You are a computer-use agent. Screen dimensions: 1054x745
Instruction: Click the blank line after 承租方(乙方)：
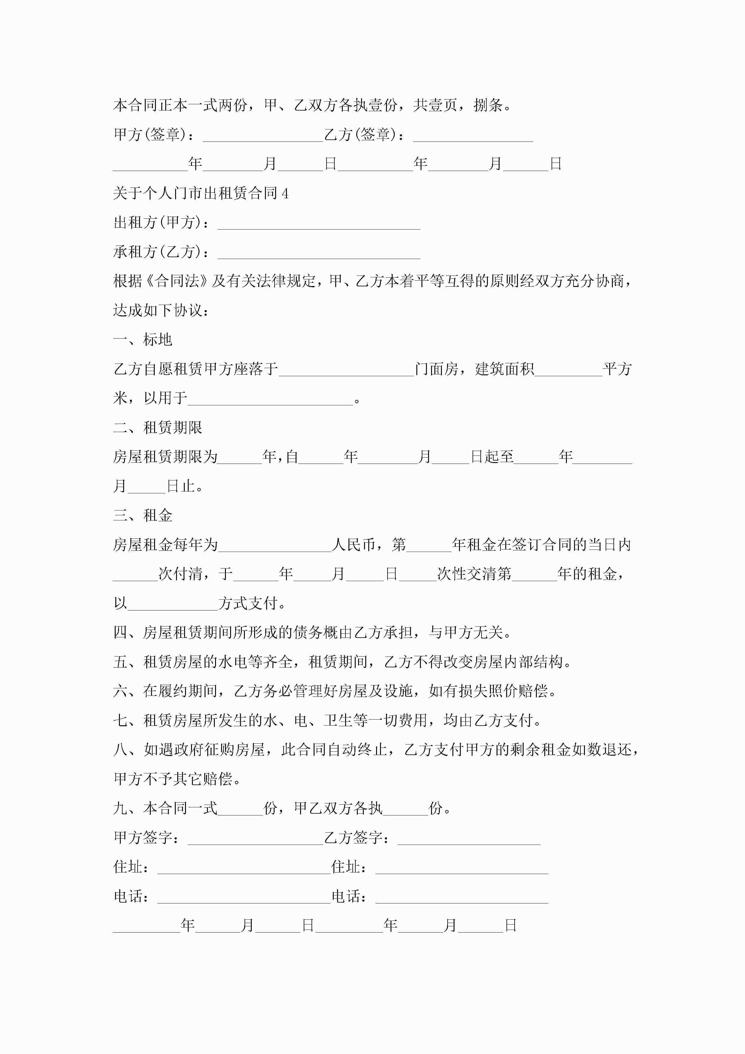point(319,253)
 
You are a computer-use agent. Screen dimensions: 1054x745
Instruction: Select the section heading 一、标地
point(143,340)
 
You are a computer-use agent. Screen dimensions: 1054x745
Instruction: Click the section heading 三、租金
point(143,516)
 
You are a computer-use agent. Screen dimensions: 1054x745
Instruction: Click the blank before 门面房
point(347,370)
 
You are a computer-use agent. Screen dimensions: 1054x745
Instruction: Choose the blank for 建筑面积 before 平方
point(568,370)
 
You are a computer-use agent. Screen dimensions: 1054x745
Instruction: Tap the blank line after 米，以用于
point(271,399)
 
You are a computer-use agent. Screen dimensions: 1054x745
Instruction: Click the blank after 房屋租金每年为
point(275,546)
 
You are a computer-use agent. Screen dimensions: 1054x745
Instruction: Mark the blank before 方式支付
point(173,604)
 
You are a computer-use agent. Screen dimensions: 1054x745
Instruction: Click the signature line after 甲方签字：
point(255,839)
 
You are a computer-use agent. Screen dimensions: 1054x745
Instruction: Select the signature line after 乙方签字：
point(469,839)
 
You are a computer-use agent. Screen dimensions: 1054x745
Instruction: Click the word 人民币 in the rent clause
point(353,545)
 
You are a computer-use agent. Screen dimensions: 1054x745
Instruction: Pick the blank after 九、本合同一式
point(241,809)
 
